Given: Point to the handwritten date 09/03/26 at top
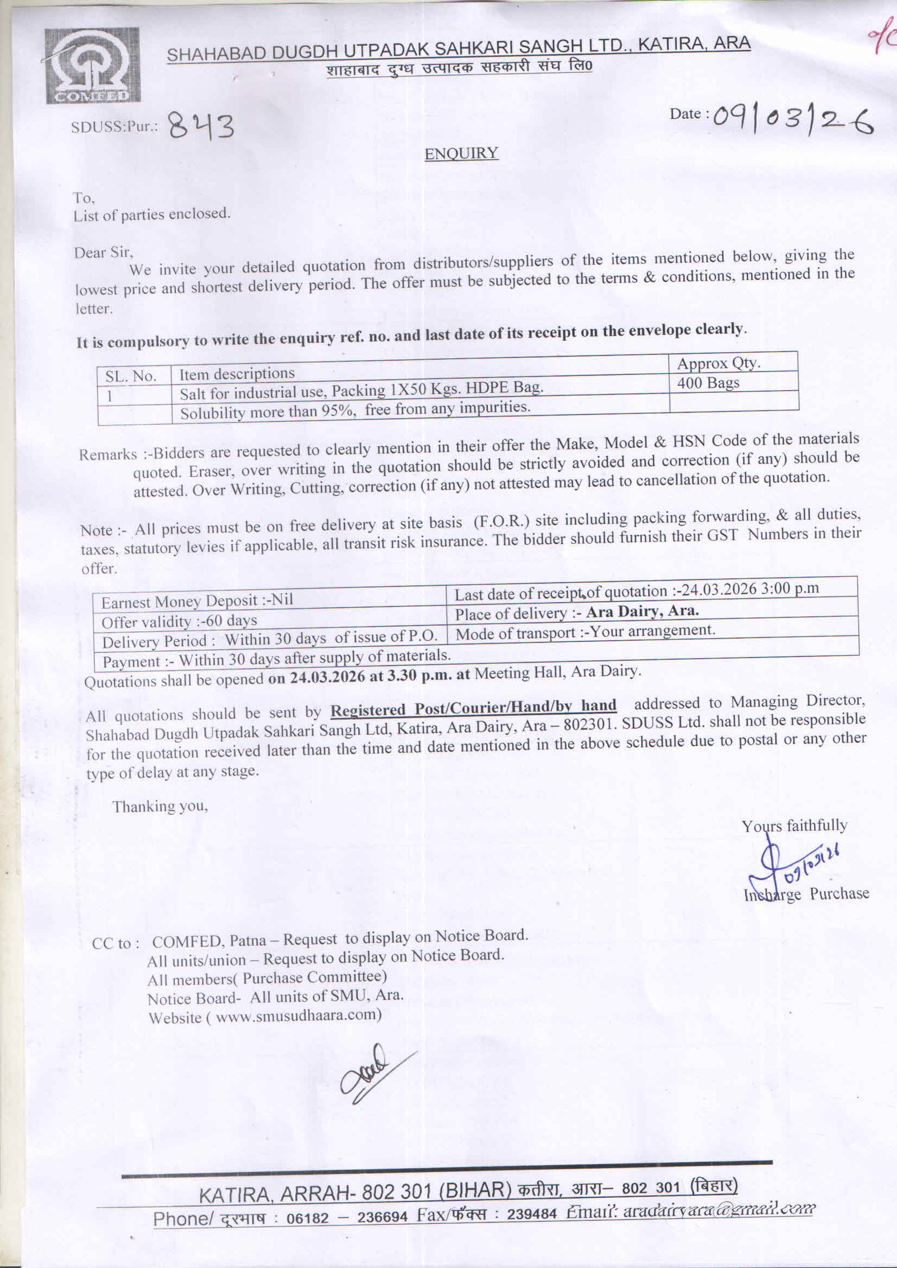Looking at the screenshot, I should click(x=793, y=120).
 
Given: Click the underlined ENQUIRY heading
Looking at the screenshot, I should click(x=461, y=154).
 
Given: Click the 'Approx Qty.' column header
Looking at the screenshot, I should click(x=719, y=364).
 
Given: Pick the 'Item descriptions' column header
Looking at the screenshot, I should click(x=237, y=374).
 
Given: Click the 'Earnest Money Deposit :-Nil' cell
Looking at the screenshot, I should click(x=197, y=601).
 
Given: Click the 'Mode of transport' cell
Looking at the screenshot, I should click(x=585, y=632).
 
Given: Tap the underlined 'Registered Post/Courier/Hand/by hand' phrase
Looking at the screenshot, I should click(x=473, y=707).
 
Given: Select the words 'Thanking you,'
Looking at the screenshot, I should click(x=160, y=807).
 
